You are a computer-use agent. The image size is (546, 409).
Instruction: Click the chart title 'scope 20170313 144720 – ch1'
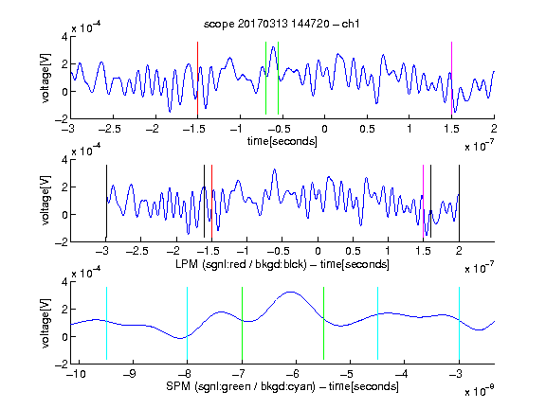tap(282, 24)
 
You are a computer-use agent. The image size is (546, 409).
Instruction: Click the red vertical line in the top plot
tap(197, 79)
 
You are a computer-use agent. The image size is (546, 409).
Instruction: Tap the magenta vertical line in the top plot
tap(451, 79)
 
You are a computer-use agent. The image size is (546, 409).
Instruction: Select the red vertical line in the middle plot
tap(211, 202)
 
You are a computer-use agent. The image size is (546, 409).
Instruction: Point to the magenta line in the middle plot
tap(423, 202)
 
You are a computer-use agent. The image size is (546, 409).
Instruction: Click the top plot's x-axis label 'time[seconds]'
tap(282, 141)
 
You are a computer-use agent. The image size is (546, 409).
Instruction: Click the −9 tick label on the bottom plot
tap(131, 374)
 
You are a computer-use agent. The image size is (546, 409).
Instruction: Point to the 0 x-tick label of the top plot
tap(324, 129)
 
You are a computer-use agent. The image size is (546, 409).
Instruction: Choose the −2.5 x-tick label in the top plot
tap(109, 129)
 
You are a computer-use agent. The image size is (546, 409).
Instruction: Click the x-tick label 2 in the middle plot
tap(459, 251)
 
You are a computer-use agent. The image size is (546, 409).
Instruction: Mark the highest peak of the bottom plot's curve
tap(290, 292)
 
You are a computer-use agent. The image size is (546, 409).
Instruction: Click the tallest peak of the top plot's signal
tap(273, 46)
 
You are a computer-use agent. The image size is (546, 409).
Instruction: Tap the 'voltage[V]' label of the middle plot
tap(45, 201)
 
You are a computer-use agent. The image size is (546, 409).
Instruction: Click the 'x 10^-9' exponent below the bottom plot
tap(480, 391)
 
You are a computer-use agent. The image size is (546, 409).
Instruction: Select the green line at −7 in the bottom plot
tap(242, 324)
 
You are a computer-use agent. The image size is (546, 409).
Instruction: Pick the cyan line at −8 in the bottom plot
tap(188, 324)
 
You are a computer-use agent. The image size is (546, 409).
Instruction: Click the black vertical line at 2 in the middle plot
tap(459, 202)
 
